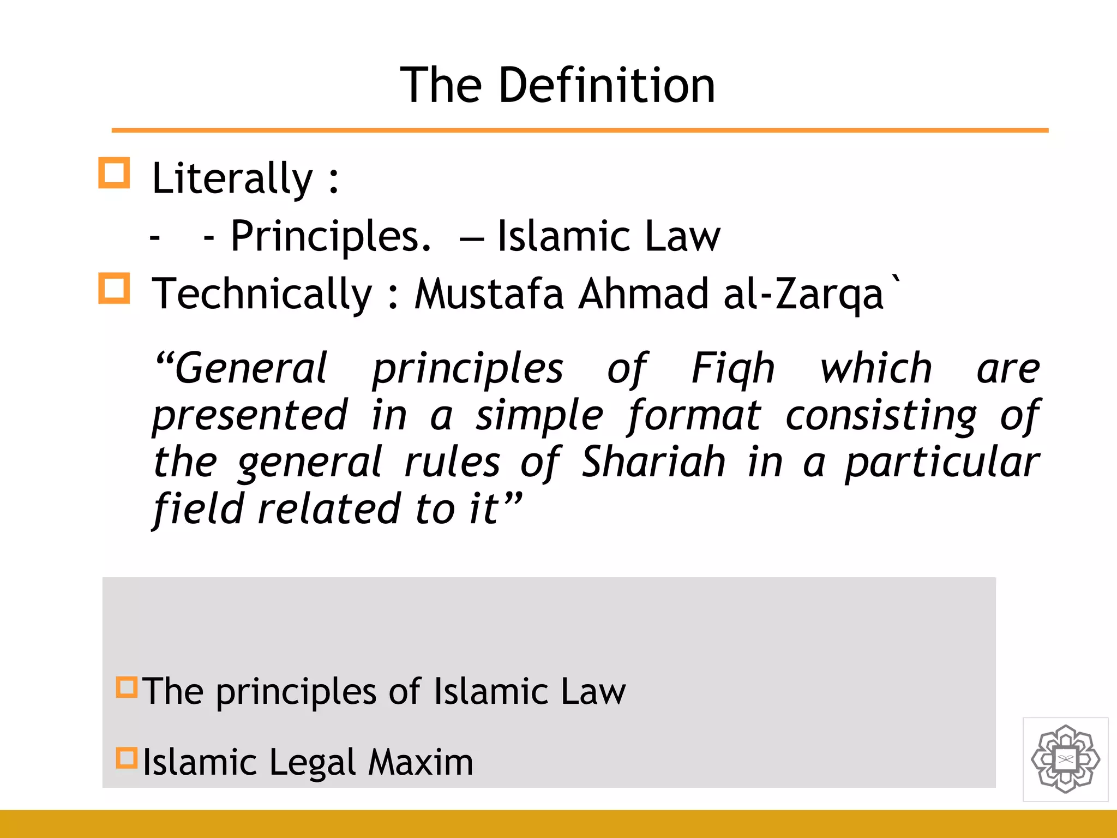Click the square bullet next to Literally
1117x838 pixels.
point(114,173)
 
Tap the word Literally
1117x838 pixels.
point(232,179)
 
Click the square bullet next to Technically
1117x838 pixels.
point(114,288)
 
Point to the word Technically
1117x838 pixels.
point(262,295)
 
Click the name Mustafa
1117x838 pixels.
point(489,295)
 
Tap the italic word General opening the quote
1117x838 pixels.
point(251,368)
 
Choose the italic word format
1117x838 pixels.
point(694,416)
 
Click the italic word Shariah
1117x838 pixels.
point(653,462)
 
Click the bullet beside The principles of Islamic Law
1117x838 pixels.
point(127,687)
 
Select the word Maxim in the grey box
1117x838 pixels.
point(421,762)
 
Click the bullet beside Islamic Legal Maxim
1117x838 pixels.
point(127,758)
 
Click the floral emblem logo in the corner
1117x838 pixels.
point(1065,759)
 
